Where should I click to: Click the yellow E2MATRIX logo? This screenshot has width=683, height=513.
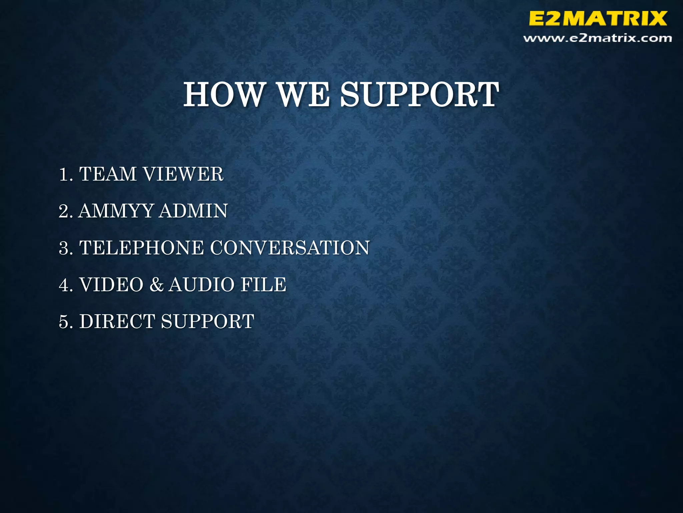tap(598, 18)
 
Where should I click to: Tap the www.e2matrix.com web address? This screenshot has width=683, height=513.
tap(598, 38)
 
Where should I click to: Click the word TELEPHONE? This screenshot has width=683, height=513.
tap(141, 248)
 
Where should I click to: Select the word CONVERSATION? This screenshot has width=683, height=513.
tap(290, 248)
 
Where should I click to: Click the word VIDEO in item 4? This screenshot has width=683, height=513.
tap(111, 285)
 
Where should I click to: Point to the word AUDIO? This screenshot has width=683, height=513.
tap(201, 285)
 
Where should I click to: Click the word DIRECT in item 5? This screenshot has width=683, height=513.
tap(117, 321)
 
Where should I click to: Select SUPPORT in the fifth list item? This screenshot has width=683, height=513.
tap(208, 321)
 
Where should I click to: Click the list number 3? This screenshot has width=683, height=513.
tap(64, 248)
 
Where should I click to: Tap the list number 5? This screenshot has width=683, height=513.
tap(64, 321)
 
